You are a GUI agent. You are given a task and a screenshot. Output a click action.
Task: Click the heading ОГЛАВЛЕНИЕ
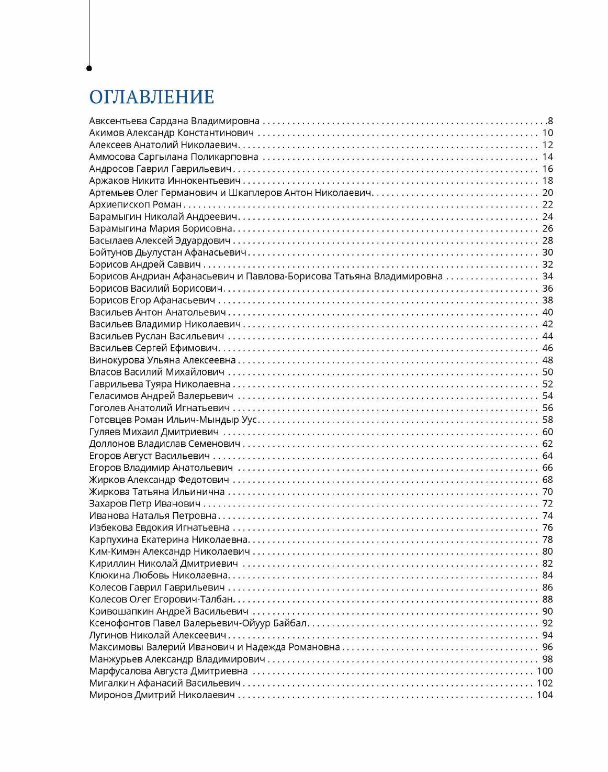tap(152, 97)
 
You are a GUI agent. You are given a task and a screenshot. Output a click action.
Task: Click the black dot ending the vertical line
tap(89, 68)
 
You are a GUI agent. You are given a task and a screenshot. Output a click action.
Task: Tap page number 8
tap(550, 121)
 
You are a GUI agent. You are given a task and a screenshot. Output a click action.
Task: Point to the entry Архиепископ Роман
tap(135, 205)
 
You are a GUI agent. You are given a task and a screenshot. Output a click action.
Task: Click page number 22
tap(547, 205)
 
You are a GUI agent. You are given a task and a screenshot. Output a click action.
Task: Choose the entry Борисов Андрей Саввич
tap(145, 264)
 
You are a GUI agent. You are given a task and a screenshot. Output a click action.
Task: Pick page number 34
tap(547, 277)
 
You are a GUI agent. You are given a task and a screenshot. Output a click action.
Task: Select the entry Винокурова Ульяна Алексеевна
tap(162, 360)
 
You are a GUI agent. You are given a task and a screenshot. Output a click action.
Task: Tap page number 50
tap(547, 372)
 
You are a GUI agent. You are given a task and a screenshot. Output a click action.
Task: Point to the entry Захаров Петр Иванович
tap(145, 504)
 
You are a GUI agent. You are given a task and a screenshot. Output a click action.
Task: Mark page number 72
tap(547, 504)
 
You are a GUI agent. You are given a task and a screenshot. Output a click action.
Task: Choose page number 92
tap(547, 623)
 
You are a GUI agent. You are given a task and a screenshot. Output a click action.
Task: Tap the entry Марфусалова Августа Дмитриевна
tap(168, 671)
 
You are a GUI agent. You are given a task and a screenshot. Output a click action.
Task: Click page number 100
tap(545, 671)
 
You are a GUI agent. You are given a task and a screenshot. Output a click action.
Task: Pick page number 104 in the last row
tap(545, 696)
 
